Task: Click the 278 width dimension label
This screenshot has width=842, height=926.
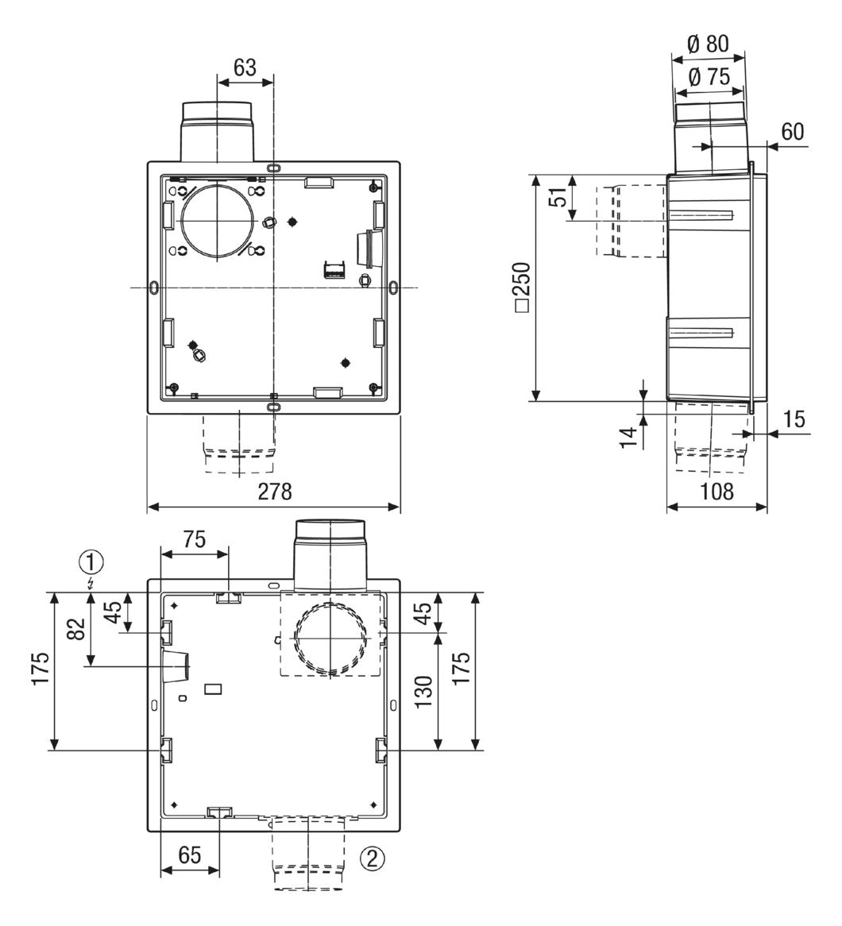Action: click(x=274, y=491)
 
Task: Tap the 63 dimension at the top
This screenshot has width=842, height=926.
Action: click(x=245, y=68)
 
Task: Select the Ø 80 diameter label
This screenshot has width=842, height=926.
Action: click(x=709, y=44)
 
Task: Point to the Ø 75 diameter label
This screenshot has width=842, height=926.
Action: click(x=709, y=77)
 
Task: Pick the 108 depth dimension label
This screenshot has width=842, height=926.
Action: click(x=716, y=492)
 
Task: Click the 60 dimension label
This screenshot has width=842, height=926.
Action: click(x=793, y=131)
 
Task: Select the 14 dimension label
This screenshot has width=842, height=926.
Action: click(x=629, y=438)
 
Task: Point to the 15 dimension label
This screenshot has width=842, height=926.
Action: click(x=794, y=419)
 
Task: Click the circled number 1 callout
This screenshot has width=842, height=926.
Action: click(x=91, y=562)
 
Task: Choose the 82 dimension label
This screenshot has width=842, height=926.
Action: click(x=76, y=628)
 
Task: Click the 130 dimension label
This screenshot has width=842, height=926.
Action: click(x=423, y=693)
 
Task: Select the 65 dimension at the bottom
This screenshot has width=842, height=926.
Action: click(x=189, y=855)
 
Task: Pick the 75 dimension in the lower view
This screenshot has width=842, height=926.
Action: click(x=193, y=539)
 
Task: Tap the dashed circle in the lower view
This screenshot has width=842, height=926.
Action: click(x=296, y=639)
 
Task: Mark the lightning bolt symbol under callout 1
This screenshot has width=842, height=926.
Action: click(x=91, y=585)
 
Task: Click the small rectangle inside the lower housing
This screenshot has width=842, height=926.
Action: click(x=213, y=689)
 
